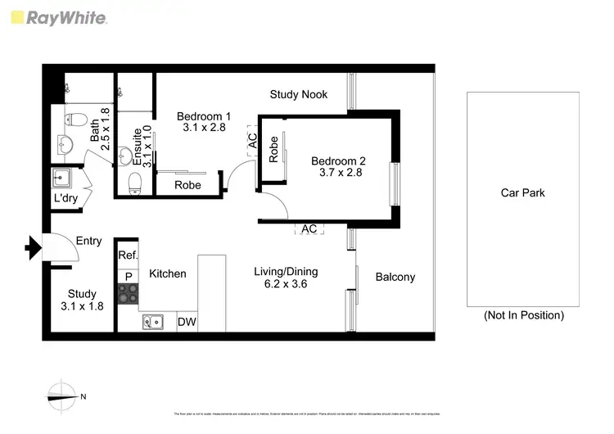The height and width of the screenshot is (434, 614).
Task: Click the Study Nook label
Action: pyautogui.click(x=300, y=94)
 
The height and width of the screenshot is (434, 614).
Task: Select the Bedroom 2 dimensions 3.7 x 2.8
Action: pyautogui.click(x=336, y=173)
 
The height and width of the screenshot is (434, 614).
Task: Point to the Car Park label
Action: pyautogui.click(x=522, y=193)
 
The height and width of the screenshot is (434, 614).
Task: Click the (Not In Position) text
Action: pyautogui.click(x=523, y=315)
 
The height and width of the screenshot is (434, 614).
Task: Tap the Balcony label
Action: pyautogui.click(x=395, y=277)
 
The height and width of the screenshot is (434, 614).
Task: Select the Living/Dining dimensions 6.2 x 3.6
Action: pyautogui.click(x=285, y=285)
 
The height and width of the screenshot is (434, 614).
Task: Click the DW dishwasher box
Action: pyautogui.click(x=187, y=322)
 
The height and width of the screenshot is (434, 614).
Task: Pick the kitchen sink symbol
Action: pyautogui.click(x=153, y=322)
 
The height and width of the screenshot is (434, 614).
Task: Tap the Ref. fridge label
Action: pyautogui.click(x=128, y=255)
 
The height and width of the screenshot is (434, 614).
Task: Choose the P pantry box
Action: pyautogui.click(x=128, y=276)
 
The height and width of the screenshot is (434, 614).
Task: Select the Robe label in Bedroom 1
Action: pyautogui.click(x=188, y=185)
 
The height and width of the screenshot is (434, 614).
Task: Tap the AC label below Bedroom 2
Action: pyautogui.click(x=309, y=229)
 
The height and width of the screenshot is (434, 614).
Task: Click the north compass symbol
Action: pyautogui.click(x=61, y=396)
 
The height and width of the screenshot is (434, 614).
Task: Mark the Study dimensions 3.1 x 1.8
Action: pyautogui.click(x=81, y=306)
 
